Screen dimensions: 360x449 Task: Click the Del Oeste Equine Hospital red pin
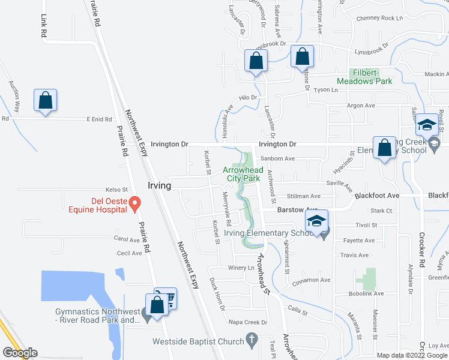click(136, 204)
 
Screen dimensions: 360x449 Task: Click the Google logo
click(20, 353)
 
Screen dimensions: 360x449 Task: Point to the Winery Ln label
click(241, 268)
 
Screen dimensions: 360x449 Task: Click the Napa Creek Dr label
click(248, 322)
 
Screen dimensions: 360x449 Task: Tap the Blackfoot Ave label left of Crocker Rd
click(377, 196)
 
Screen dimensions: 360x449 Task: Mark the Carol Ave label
click(126, 239)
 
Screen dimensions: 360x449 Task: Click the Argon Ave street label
click(361, 106)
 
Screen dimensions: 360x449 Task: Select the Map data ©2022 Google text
click(411, 355)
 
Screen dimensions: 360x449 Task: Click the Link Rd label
click(44, 27)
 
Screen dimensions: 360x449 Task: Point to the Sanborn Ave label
click(281, 159)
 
